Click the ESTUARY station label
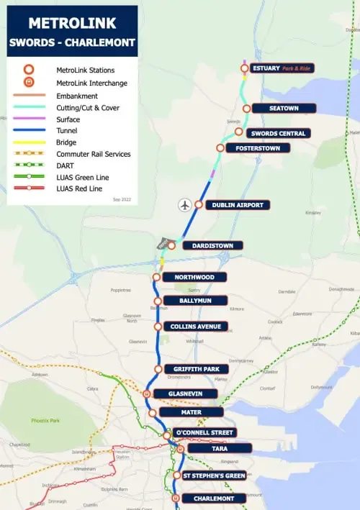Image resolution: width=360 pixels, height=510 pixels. point(282,68)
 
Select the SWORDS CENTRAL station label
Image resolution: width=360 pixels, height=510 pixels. point(278,133)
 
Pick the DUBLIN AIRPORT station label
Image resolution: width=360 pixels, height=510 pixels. point(238,205)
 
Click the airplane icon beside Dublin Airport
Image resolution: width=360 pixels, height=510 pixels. point(185,205)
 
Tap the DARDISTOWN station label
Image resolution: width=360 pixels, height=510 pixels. point(212,245)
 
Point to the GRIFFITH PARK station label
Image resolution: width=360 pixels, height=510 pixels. point(196,369)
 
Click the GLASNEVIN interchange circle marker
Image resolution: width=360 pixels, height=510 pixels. point(147,393)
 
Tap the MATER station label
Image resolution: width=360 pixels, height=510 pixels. point(191,412)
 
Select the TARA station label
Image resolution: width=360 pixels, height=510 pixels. point(220,447)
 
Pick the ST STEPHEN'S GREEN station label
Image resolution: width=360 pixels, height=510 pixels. point(214,475)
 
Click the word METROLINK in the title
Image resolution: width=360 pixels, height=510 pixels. point(72,23)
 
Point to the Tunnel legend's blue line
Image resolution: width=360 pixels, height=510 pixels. point(28,131)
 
